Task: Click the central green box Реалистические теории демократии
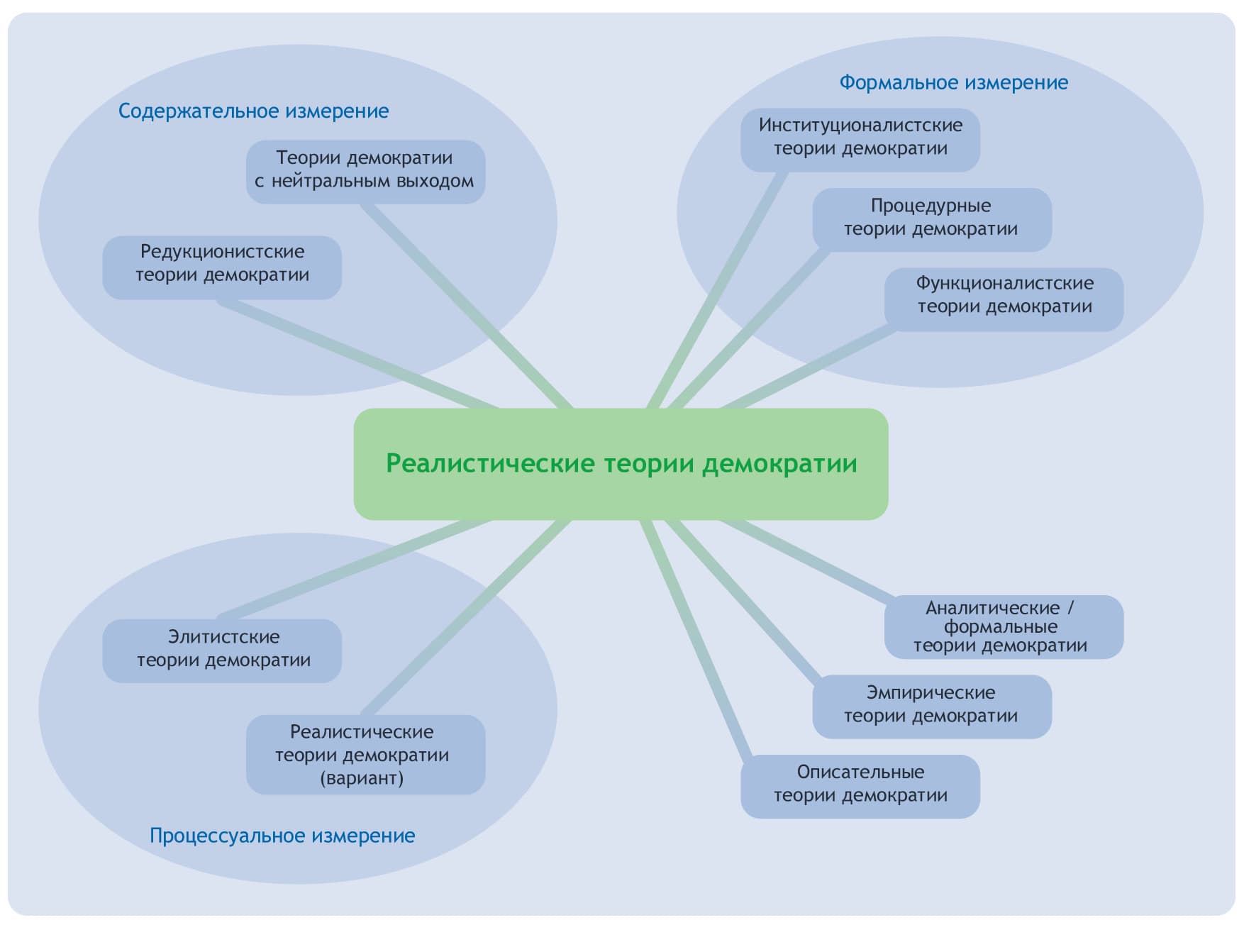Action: click(621, 464)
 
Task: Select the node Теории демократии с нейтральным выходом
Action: click(365, 170)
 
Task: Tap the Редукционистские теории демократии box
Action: click(222, 266)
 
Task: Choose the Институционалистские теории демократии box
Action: click(860, 138)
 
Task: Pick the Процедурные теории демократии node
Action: click(931, 218)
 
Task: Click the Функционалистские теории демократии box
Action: click(1004, 298)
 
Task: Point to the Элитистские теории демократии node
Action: click(222, 650)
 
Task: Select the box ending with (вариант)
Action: click(365, 754)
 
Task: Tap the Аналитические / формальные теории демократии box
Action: click(1004, 626)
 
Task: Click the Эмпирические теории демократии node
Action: click(931, 706)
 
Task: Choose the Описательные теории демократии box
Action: click(860, 785)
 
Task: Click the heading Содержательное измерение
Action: click(253, 111)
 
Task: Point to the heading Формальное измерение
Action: click(953, 83)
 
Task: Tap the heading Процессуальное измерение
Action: click(282, 836)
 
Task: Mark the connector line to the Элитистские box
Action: click(355, 568)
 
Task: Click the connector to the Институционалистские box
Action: click(716, 291)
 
